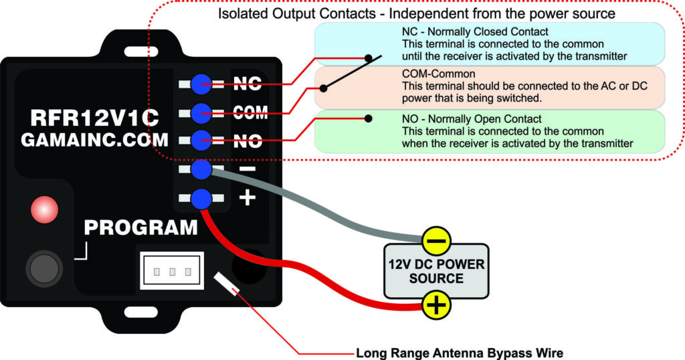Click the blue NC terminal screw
(201, 84)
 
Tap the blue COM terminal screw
(201, 112)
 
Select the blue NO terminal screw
(201, 141)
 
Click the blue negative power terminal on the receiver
(201, 170)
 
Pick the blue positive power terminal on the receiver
(201, 199)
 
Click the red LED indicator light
(44, 210)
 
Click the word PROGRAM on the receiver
(141, 228)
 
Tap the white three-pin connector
(171, 271)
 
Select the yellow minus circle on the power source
(436, 241)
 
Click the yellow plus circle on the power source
(436, 306)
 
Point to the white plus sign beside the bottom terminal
(248, 198)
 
